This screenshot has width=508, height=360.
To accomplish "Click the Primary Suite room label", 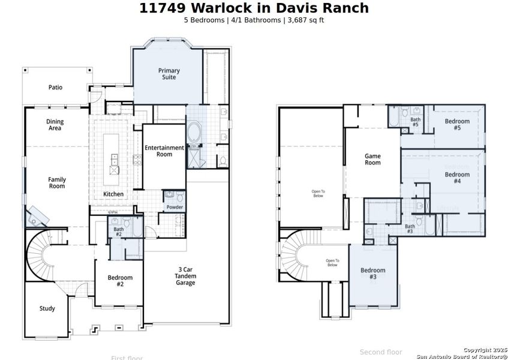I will [x=169, y=74].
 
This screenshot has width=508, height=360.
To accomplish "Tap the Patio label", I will [x=55, y=88].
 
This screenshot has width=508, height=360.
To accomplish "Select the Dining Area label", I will [x=55, y=125].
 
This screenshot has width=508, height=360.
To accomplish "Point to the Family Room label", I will [x=57, y=183].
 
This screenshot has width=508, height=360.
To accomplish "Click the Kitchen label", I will [x=113, y=194].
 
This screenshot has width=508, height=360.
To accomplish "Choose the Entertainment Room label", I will [x=164, y=151].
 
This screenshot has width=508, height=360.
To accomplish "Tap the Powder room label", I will [x=175, y=208].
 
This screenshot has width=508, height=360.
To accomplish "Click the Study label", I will [x=47, y=309].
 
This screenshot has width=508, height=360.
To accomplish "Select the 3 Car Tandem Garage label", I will [x=185, y=276].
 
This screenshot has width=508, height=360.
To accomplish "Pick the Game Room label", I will [x=373, y=160].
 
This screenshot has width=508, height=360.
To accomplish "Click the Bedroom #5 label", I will [x=457, y=125].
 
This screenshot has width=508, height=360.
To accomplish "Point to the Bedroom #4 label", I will [x=457, y=178].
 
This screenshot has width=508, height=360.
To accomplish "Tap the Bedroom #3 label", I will [x=373, y=274].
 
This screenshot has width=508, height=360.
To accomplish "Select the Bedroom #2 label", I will [x=120, y=281].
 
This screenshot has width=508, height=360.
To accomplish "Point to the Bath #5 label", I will [x=415, y=122].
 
